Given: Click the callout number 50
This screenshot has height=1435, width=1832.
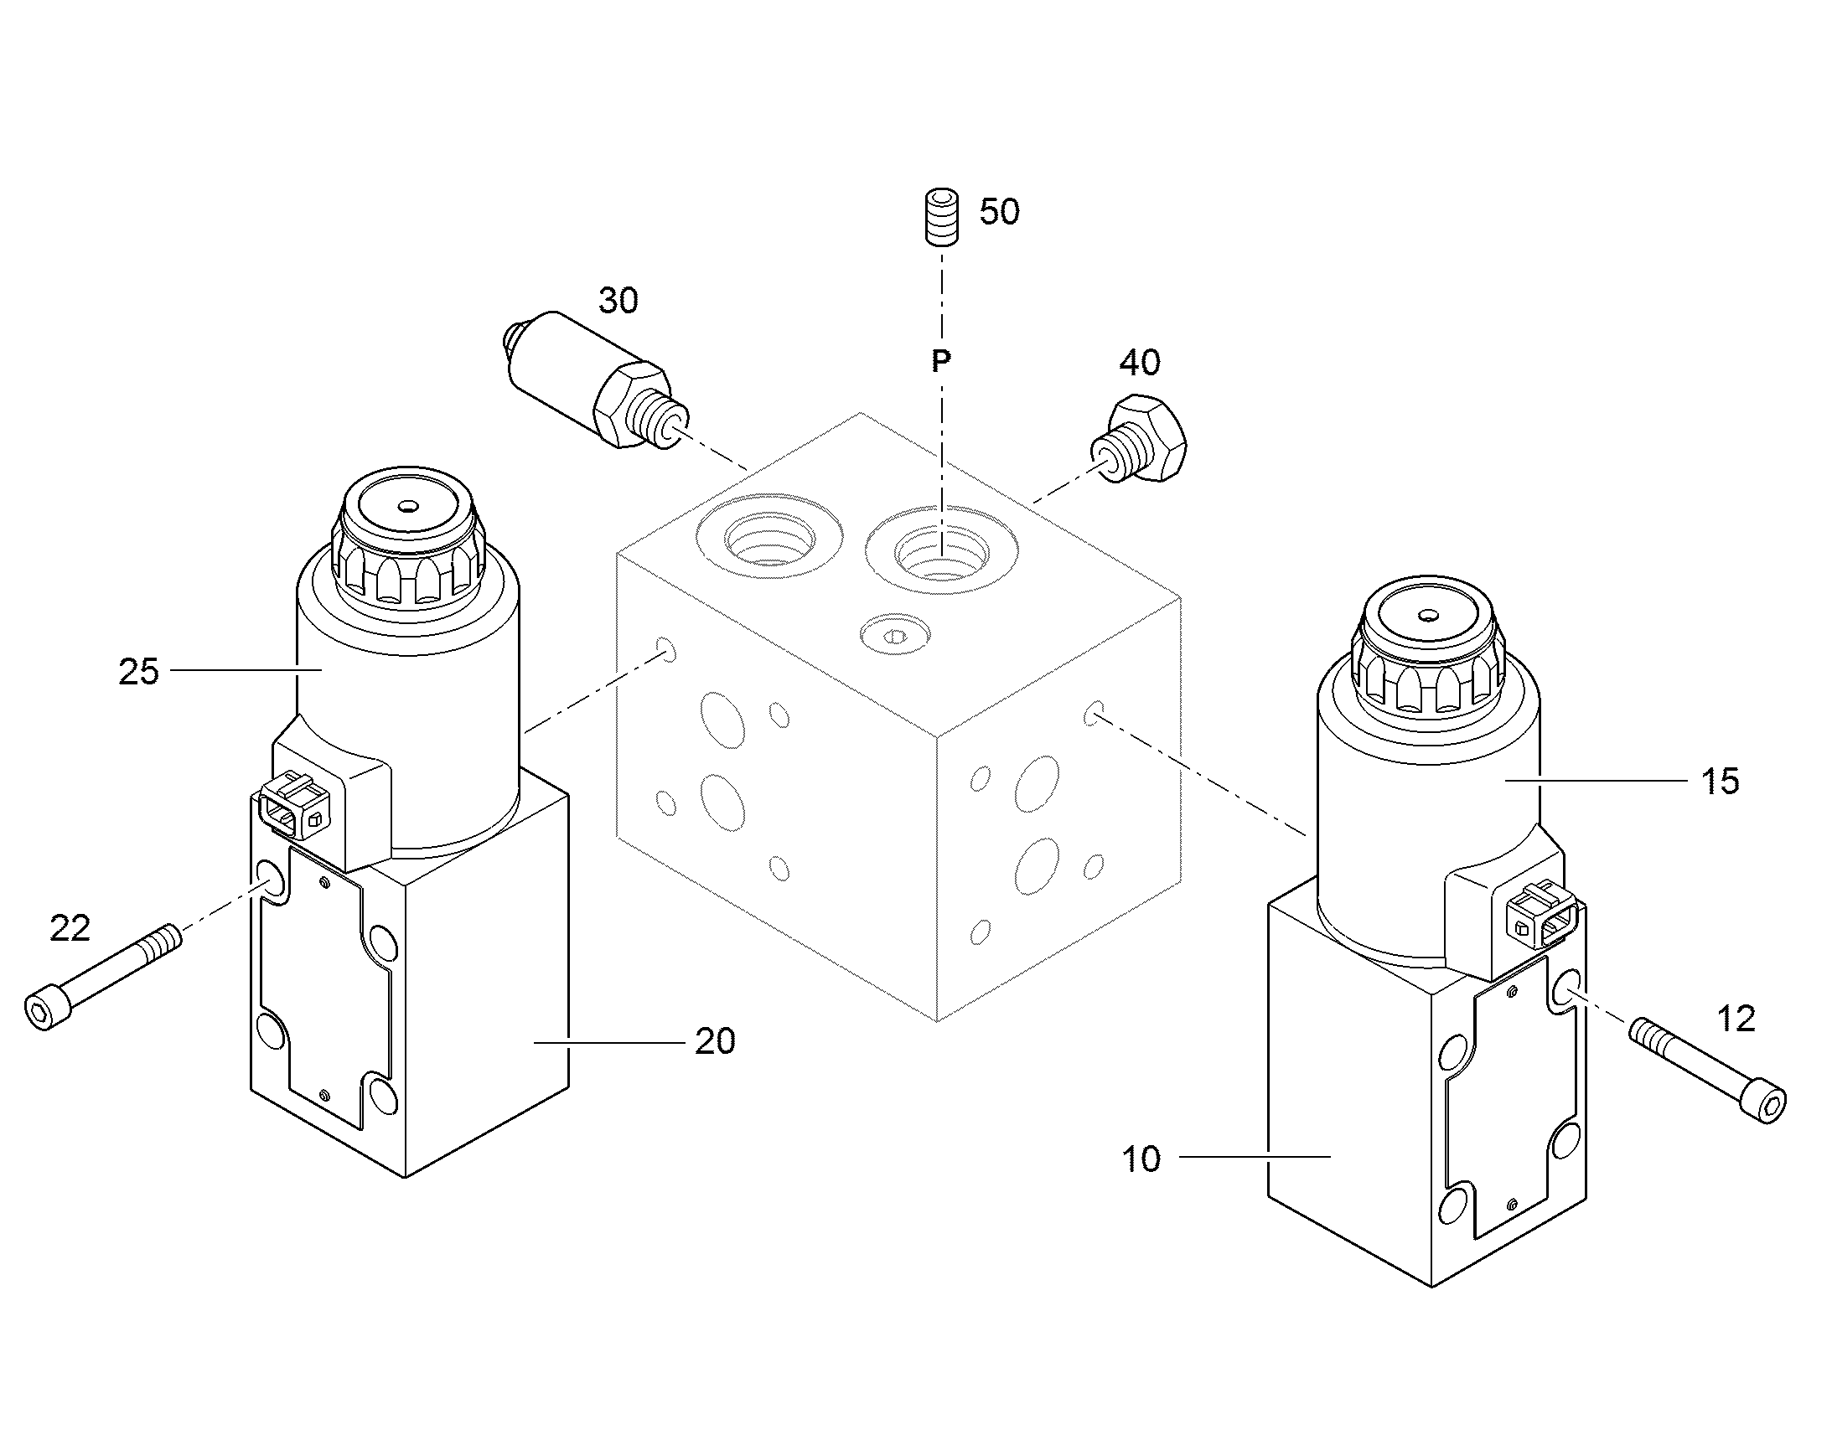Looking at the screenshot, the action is [x=999, y=212].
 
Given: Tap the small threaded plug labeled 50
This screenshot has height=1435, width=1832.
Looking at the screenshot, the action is [x=942, y=218].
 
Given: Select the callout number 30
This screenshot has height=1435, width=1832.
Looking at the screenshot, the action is [x=618, y=301].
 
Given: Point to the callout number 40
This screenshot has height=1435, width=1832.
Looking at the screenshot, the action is [x=1140, y=363].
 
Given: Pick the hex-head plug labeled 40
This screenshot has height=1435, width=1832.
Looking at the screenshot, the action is [x=1141, y=441].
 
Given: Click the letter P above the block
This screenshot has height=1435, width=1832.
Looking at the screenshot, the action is [x=941, y=361].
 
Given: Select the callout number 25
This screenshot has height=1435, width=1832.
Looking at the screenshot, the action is [x=138, y=672].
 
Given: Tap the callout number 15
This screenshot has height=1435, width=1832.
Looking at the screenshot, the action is [x=1720, y=782].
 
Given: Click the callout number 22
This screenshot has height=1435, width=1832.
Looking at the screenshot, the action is [x=70, y=929].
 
